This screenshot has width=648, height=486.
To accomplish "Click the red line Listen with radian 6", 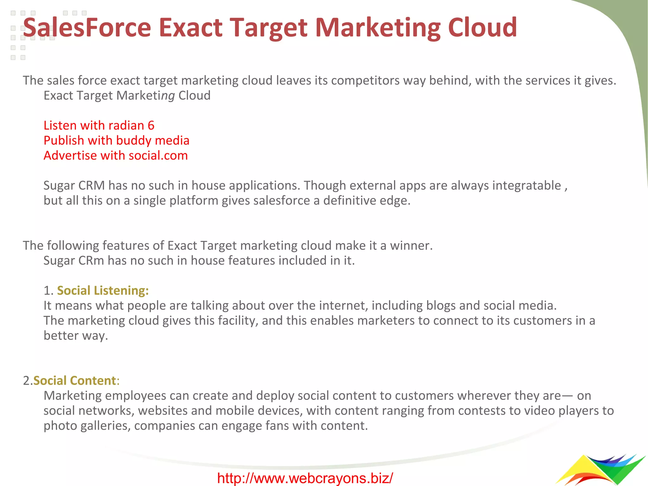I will point(99,126).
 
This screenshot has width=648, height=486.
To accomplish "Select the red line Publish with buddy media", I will point(116,141).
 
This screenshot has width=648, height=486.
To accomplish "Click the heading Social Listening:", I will point(103,291).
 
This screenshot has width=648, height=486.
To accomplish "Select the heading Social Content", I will point(75,381).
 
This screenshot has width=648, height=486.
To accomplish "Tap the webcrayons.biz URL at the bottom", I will point(305,478).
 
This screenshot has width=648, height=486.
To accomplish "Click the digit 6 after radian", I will point(151,126).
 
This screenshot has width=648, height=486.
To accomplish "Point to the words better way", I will point(76,336).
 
